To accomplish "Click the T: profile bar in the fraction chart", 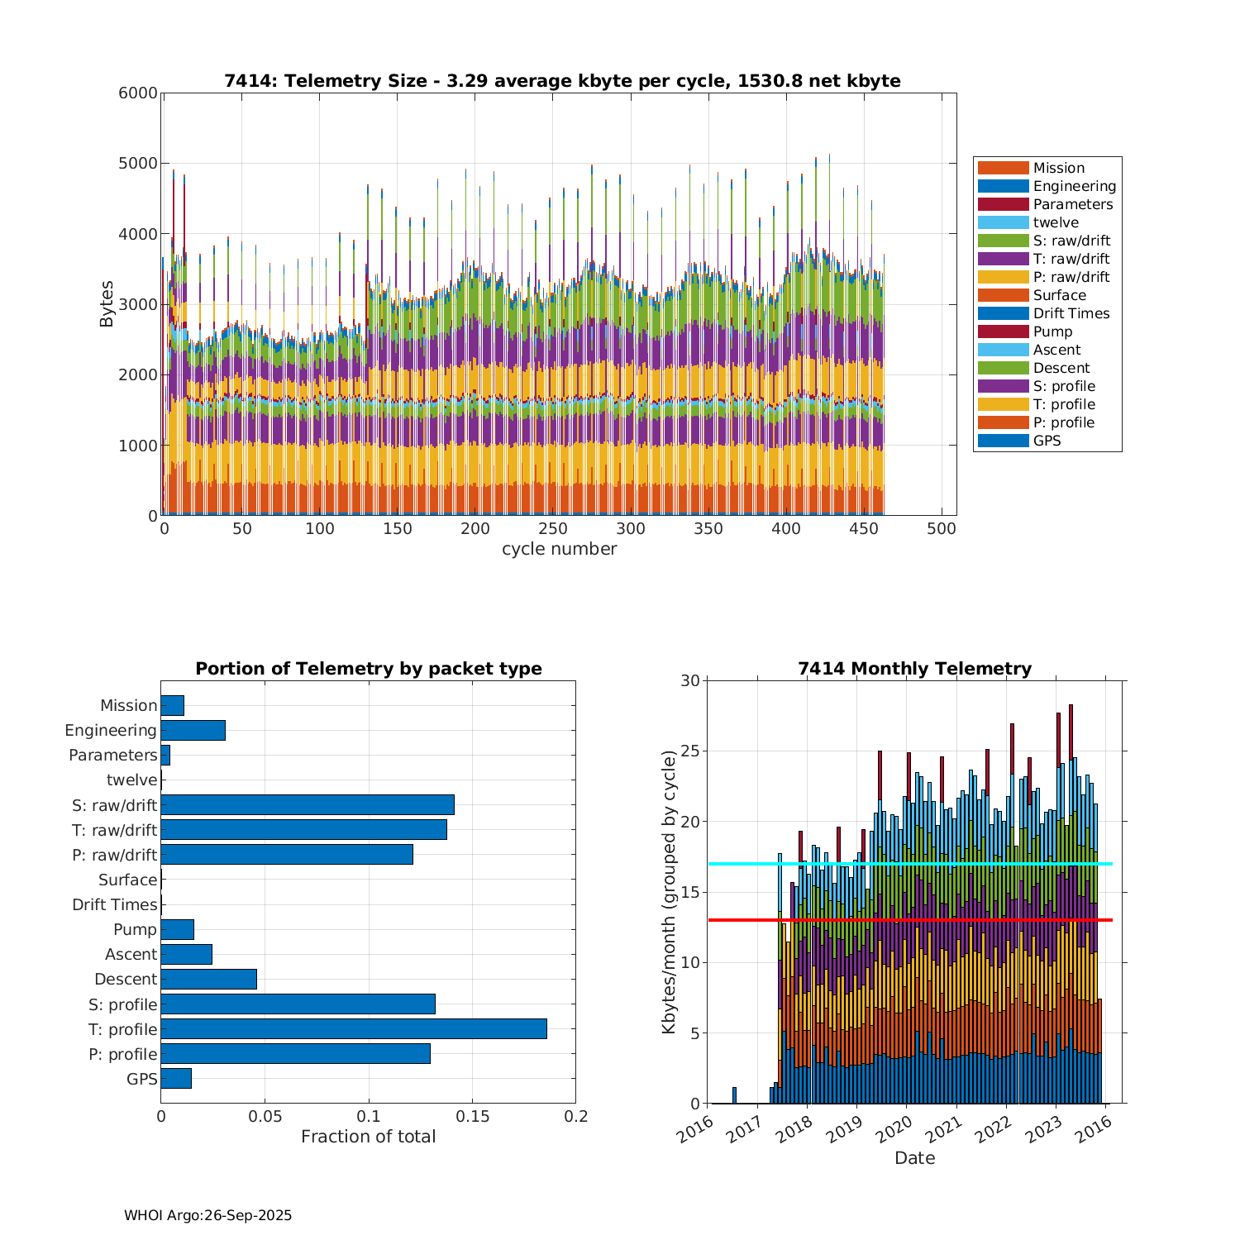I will tap(354, 1029).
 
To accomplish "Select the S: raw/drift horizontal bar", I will tap(308, 805).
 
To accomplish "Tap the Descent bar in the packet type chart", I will tap(208, 980).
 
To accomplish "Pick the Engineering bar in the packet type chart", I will tap(193, 731).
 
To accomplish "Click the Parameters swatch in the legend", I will tap(1003, 204).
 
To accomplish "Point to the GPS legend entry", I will tap(1047, 441).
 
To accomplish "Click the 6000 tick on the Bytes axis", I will tap(138, 93).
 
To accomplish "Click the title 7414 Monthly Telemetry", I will tap(914, 669).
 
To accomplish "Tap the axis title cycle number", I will tap(559, 549).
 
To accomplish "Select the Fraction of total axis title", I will tap(368, 1137).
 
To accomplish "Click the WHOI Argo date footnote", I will tap(207, 1215).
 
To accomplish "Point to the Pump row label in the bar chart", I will tap(135, 930).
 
